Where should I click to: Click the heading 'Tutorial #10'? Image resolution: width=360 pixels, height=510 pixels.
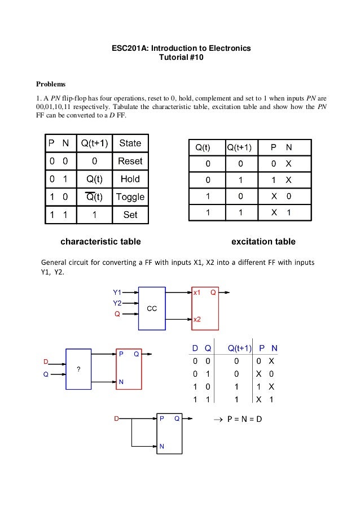click(180, 58)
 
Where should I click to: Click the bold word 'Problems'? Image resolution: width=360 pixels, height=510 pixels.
click(51, 84)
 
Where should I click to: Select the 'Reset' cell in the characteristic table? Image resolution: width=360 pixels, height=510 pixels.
click(130, 161)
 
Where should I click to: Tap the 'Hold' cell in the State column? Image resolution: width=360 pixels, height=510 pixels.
click(130, 179)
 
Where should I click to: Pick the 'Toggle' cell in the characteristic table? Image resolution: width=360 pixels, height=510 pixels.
click(130, 197)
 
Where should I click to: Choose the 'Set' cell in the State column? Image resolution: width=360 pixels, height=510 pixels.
click(130, 215)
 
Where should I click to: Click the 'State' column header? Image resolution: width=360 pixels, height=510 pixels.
click(130, 143)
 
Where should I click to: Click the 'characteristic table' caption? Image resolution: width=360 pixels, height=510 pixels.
click(100, 242)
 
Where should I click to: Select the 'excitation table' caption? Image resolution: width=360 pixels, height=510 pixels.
click(264, 242)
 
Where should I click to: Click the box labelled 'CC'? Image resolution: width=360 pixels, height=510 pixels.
click(152, 309)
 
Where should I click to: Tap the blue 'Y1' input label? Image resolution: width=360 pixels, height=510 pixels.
click(117, 293)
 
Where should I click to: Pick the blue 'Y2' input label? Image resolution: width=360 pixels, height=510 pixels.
click(117, 303)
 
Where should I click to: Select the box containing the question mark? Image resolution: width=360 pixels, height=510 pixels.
click(78, 369)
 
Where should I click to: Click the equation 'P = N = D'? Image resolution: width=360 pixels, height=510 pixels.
click(244, 420)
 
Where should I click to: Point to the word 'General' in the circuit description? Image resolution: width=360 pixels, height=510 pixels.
click(57, 263)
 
